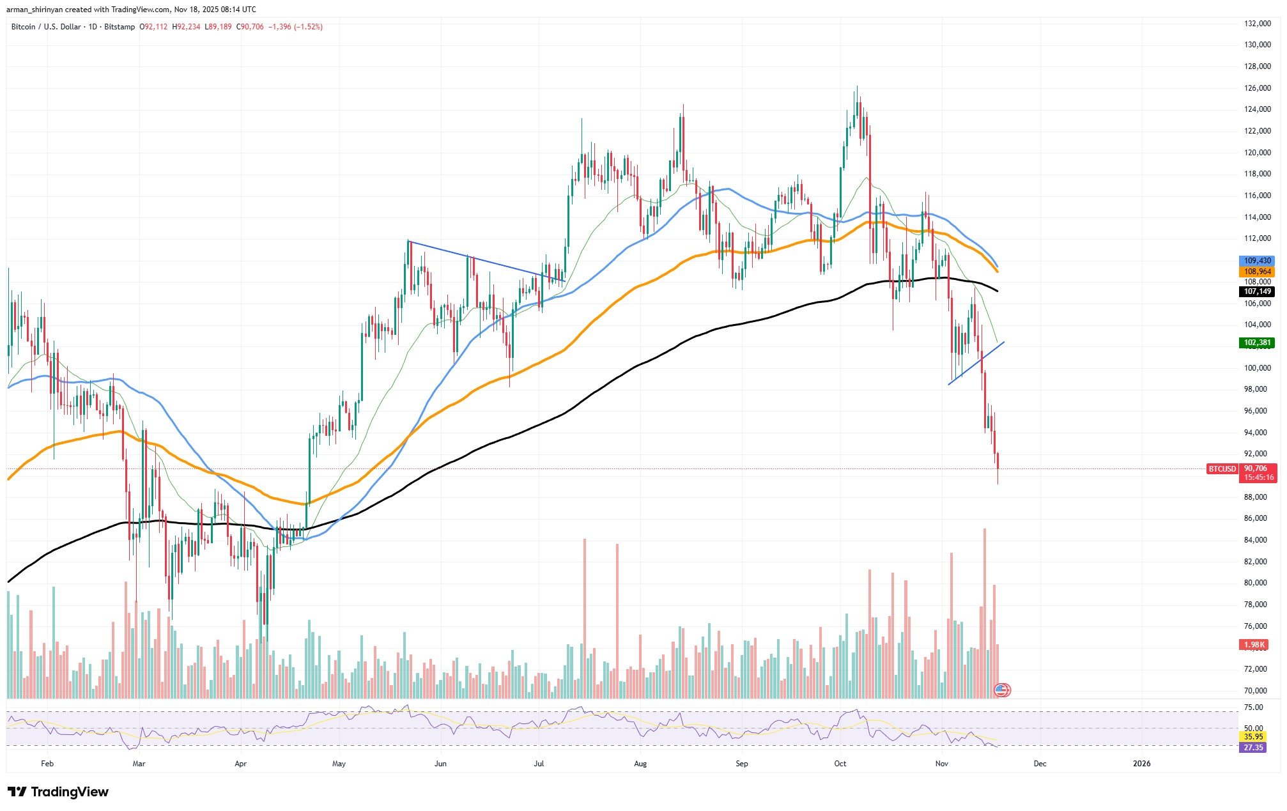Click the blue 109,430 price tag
1257,261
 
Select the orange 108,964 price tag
1257,272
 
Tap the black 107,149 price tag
1257,291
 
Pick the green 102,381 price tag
1257,343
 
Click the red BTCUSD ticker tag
1222,469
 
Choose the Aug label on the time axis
640,764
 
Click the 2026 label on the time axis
1141,764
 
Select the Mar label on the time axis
139,764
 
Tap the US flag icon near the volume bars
1001,690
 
